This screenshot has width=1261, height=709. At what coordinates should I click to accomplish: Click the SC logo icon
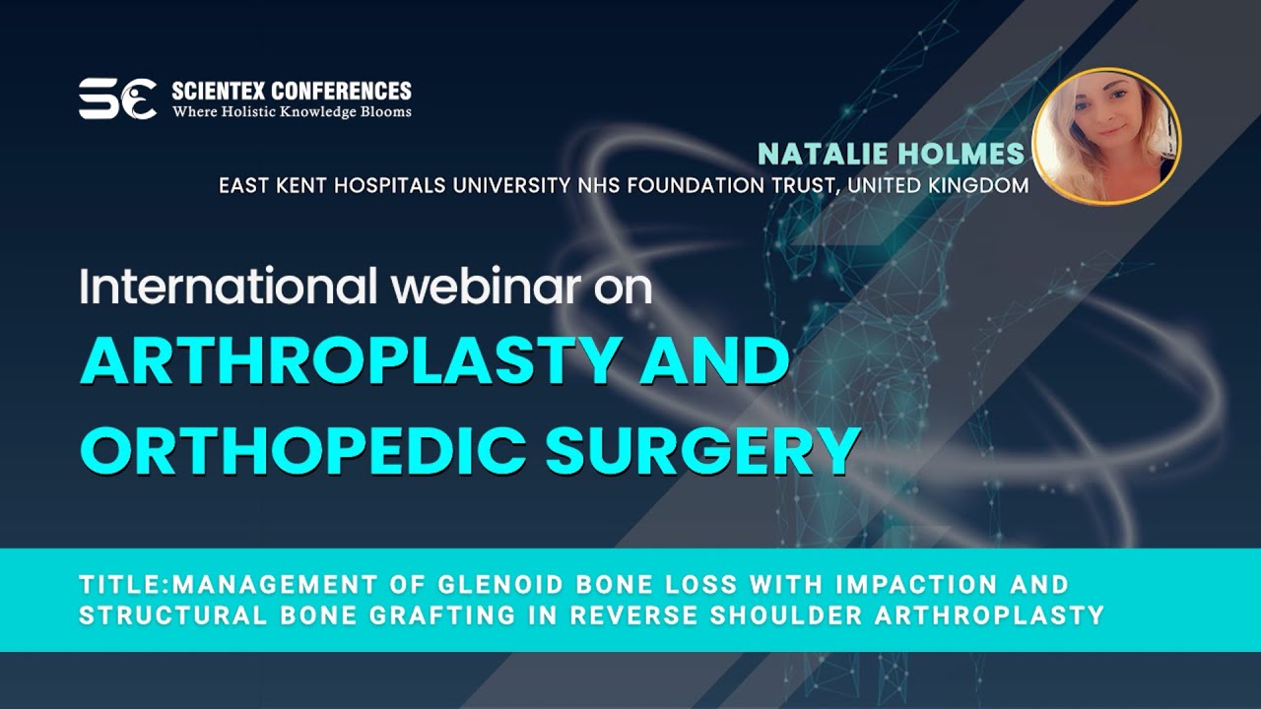coord(117,99)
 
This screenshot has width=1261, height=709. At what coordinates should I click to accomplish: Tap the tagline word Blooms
coord(386,112)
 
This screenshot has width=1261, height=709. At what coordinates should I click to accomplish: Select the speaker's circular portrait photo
coord(1106,137)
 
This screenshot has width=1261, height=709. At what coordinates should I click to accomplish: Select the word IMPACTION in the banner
coord(905,585)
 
